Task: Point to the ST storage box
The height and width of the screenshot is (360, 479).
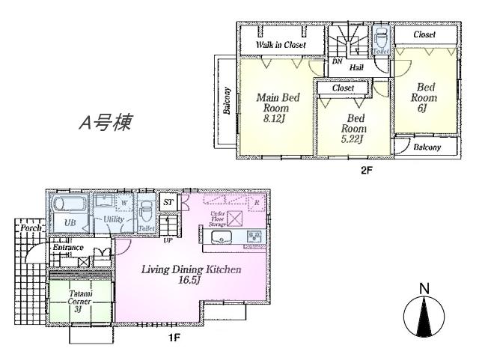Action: pyautogui.click(x=169, y=201)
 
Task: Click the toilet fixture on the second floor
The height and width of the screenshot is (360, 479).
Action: pyautogui.click(x=380, y=40)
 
